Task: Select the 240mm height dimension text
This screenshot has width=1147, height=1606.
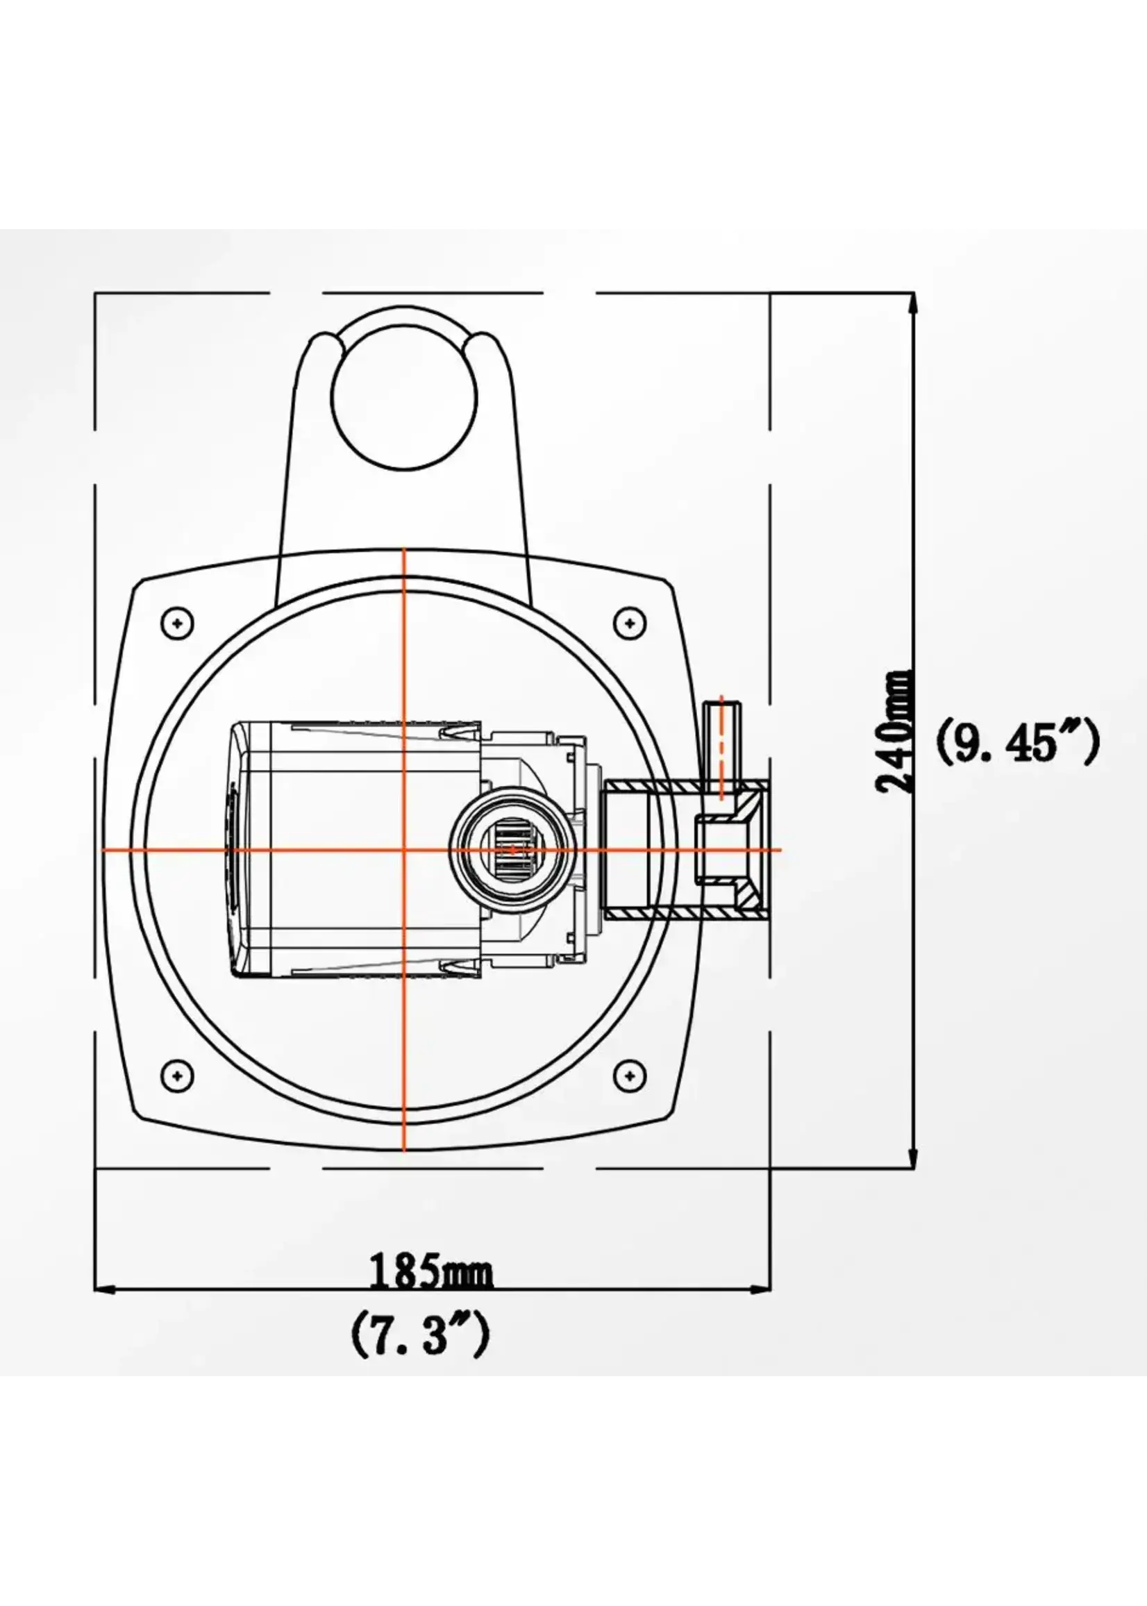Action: click(894, 732)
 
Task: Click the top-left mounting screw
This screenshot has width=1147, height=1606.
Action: click(177, 623)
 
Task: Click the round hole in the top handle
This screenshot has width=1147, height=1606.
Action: click(404, 399)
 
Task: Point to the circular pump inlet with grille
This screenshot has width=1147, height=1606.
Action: click(514, 849)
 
